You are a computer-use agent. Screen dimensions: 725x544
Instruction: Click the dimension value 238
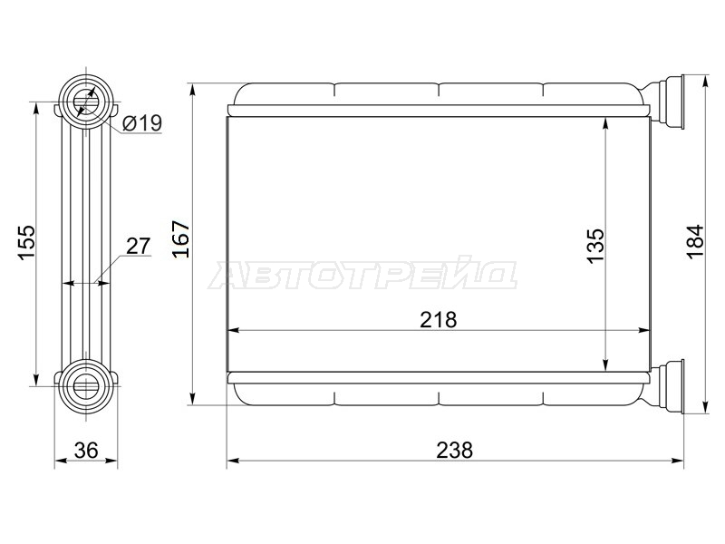455,450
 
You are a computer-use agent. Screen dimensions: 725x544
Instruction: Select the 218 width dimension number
438,320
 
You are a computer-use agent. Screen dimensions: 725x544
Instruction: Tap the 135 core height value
596,246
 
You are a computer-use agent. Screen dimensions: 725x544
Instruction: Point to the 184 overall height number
695,242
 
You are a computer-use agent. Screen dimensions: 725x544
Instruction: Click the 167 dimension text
180,239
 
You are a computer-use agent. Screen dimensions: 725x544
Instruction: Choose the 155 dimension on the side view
26,243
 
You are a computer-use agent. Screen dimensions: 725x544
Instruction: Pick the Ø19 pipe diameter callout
142,123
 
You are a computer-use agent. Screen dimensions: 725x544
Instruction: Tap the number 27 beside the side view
139,246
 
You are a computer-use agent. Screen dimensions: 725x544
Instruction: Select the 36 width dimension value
86,450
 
